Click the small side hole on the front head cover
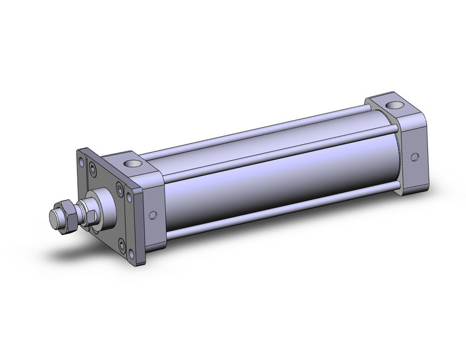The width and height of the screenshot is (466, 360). tap(152, 215)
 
